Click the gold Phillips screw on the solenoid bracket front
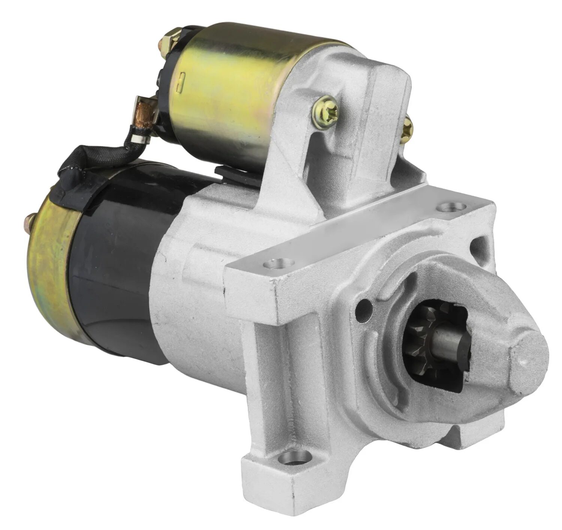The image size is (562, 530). (x=326, y=108)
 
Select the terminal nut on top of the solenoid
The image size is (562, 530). (x=171, y=42)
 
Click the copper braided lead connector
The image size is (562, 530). (x=146, y=112)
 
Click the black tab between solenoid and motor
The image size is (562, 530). (x=236, y=174)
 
